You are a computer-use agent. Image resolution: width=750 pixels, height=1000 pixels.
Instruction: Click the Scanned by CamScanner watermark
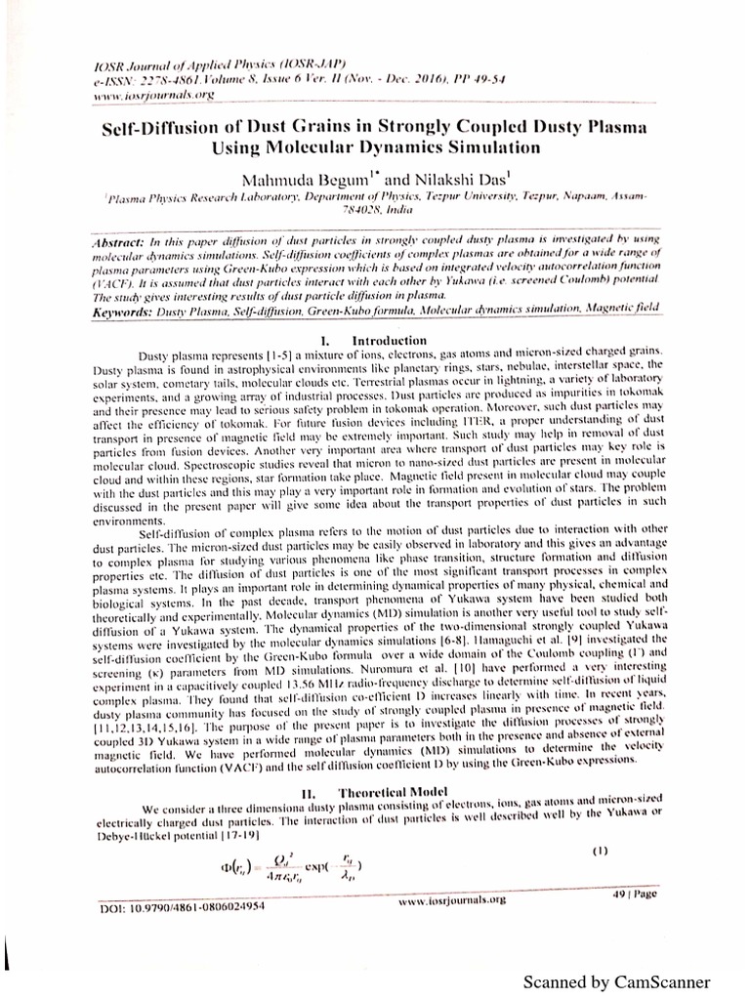629,980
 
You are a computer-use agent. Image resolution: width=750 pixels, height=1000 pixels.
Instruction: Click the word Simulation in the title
480,148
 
